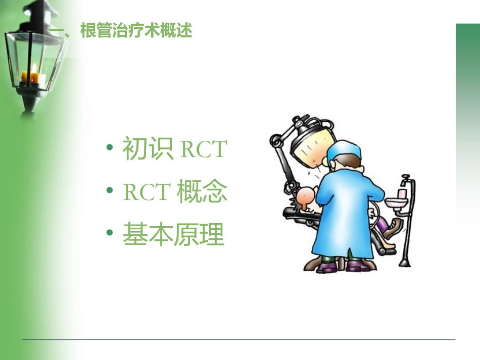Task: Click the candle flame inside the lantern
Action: (x=34, y=68)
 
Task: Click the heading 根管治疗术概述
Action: (x=136, y=31)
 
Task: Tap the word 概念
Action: (x=202, y=192)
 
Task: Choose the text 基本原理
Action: (x=173, y=235)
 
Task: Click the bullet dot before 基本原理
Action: (x=110, y=235)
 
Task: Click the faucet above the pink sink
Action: (x=405, y=180)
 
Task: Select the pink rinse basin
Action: (x=397, y=203)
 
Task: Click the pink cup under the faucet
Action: (x=402, y=193)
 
